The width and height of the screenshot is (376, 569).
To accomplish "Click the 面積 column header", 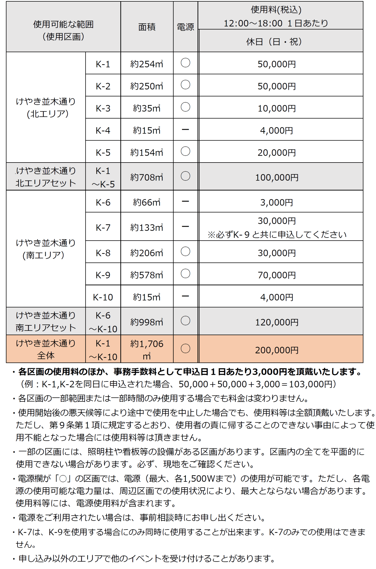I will tap(147, 27).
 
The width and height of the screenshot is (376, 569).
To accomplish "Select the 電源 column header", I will tap(185, 27).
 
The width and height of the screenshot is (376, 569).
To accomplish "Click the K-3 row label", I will tap(103, 108).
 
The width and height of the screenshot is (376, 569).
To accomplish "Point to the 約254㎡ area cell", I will tap(147, 64).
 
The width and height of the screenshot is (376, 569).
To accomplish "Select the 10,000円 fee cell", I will tap(277, 108).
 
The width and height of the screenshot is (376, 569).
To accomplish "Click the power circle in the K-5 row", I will tap(185, 151).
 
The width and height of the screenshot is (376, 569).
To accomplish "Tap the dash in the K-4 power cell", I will tap(185, 129).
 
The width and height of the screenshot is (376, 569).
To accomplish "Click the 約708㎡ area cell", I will tap(147, 177).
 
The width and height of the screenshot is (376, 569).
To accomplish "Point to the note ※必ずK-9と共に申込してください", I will tap(277, 235).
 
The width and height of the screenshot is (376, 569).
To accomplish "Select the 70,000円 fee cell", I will tap(277, 275).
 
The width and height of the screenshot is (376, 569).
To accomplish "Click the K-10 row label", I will tap(103, 297).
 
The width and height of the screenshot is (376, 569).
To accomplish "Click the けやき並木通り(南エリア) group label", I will tap(46, 249).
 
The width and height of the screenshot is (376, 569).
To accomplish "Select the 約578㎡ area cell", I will tap(147, 275).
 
